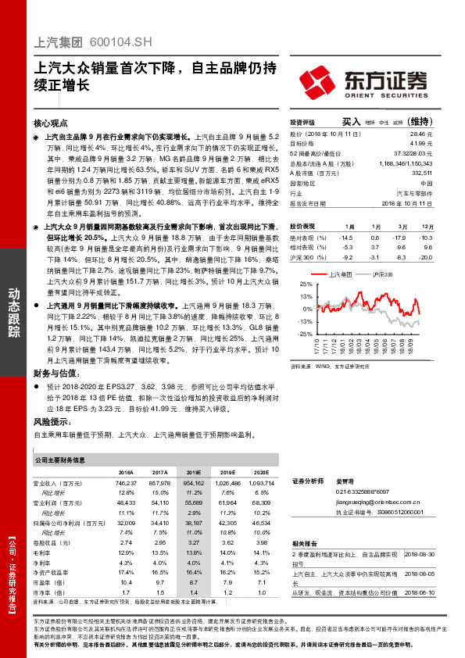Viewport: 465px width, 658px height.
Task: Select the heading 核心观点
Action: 52,123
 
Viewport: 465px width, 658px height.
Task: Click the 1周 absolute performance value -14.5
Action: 345,237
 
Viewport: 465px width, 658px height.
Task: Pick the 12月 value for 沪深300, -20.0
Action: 425,256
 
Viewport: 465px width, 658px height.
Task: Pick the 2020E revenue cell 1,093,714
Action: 261,485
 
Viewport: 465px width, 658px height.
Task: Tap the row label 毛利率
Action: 46,531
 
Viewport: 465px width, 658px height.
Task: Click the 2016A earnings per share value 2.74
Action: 126,520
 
